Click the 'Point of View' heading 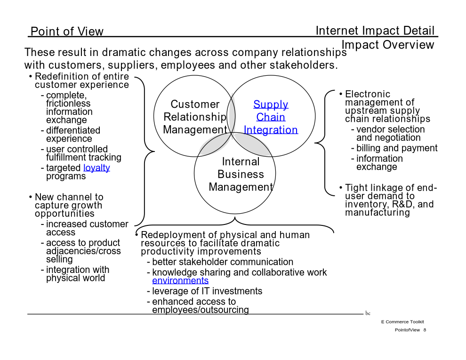(x=67, y=31)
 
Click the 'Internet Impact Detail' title (x=375, y=31)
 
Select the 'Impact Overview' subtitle (x=388, y=45)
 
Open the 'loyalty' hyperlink (x=96, y=168)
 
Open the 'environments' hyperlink (x=180, y=280)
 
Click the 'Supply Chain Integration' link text (x=271, y=117)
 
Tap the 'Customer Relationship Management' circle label (x=195, y=117)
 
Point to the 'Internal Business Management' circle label (x=241, y=175)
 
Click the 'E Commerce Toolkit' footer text (x=402, y=322)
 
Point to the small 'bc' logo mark (x=368, y=313)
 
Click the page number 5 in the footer (x=425, y=330)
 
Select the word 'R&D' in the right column (x=403, y=204)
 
